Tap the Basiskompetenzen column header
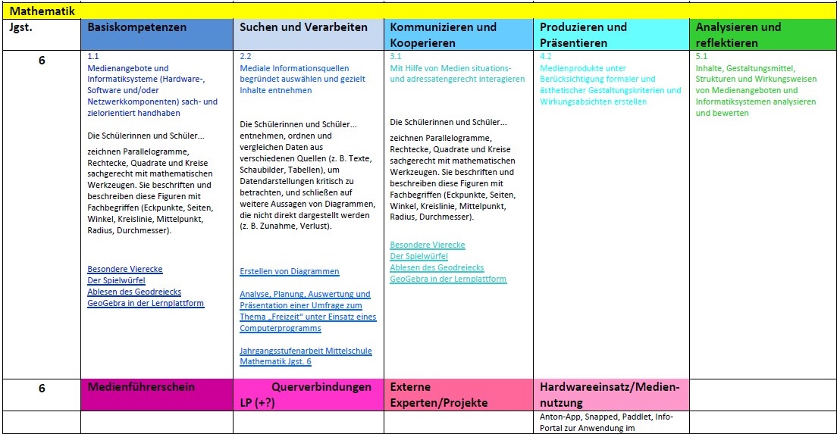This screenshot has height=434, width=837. click(137, 27)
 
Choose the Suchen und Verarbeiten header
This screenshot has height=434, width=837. click(303, 27)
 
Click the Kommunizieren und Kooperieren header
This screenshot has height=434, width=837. click(444, 35)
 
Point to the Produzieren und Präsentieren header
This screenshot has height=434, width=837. click(583, 35)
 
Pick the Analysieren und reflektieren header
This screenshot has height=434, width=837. click(738, 35)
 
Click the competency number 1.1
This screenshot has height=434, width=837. click(93, 57)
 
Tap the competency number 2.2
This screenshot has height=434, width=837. click(246, 57)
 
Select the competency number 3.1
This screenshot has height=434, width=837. click(396, 57)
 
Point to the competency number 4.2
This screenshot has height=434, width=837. click(546, 57)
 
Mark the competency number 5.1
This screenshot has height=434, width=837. click(701, 57)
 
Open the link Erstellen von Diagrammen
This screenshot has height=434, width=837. click(290, 271)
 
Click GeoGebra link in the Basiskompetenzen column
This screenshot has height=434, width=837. click(146, 304)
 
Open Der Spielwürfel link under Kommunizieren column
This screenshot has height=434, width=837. click(418, 257)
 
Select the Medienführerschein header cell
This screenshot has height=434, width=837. click(142, 387)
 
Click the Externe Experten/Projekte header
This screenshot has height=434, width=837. click(438, 395)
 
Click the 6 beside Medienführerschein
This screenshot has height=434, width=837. click(42, 388)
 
